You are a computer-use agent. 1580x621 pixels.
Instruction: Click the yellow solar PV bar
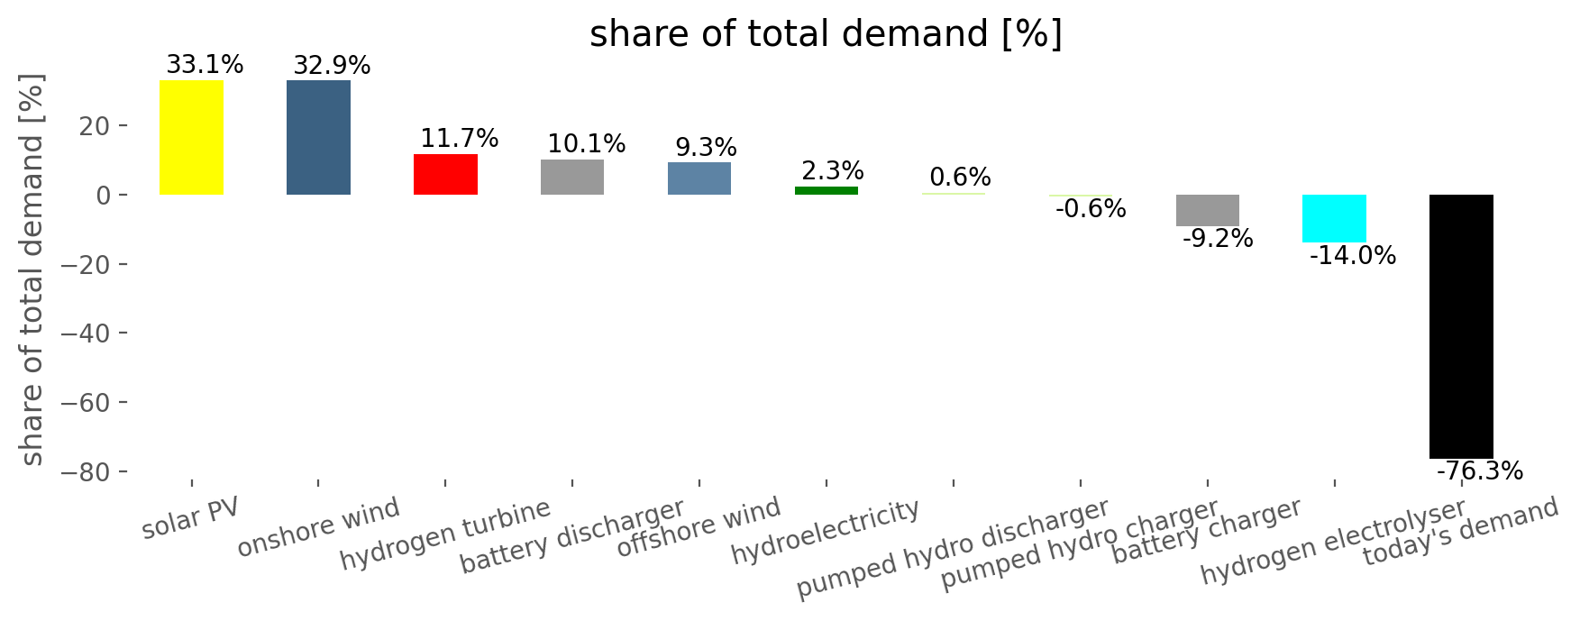(x=191, y=137)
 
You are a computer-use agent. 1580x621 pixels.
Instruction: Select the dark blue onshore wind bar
(x=318, y=137)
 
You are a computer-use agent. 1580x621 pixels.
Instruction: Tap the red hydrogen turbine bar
(x=445, y=174)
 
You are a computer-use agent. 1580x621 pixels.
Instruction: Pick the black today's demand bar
(x=1461, y=326)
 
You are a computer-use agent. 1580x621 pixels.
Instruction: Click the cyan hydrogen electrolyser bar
(x=1334, y=218)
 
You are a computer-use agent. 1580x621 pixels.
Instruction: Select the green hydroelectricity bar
(x=827, y=190)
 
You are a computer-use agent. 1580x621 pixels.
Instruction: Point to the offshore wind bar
(x=699, y=178)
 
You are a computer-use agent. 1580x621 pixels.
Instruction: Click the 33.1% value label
(x=205, y=65)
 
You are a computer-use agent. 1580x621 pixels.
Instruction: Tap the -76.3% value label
(x=1479, y=470)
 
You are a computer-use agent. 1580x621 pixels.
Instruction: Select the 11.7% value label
(x=459, y=139)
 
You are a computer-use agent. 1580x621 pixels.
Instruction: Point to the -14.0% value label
(x=1352, y=256)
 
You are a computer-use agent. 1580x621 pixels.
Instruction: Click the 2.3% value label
(x=832, y=171)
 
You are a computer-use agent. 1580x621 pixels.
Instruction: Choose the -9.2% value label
(x=1217, y=239)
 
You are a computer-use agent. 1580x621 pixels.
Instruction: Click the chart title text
(x=826, y=34)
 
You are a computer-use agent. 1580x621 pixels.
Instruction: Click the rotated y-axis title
(x=32, y=269)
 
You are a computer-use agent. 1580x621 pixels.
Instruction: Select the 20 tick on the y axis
(x=96, y=125)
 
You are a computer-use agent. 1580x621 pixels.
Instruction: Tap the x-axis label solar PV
(x=190, y=518)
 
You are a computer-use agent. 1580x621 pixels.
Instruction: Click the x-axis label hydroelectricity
(x=825, y=532)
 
